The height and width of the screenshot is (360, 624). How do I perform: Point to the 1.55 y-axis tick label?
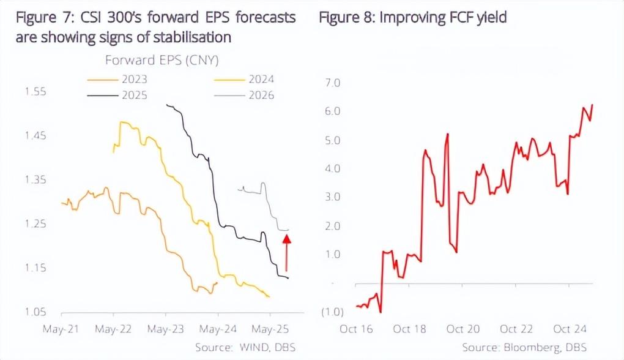[x=35, y=92]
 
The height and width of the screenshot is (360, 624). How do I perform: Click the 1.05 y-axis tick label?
[x=35, y=312]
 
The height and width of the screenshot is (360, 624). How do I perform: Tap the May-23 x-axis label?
[x=166, y=329]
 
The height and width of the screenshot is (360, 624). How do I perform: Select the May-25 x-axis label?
[x=270, y=329]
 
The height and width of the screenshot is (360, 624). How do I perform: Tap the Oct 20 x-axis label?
[x=464, y=329]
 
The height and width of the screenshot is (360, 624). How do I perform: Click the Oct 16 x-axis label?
[x=357, y=329]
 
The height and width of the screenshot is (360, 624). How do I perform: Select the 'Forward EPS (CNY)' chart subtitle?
[x=162, y=60]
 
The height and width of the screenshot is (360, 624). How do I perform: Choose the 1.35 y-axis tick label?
[x=35, y=180]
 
